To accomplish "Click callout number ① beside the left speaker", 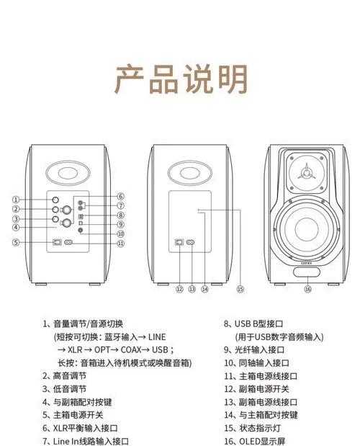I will (16, 200).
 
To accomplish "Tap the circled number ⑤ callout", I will (16, 243).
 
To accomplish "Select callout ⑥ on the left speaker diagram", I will (120, 196).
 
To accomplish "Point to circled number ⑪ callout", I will (120, 244).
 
